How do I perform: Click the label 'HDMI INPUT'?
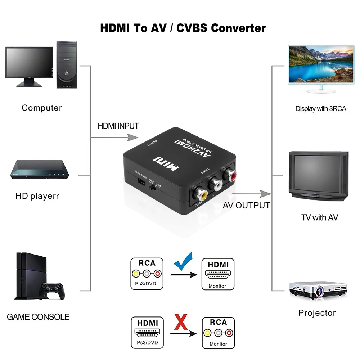coord(118,126)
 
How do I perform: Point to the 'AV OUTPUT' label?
coord(246,206)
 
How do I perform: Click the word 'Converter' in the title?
coord(238,28)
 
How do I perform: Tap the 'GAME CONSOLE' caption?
coord(38,317)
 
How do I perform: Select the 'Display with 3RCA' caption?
coord(321,108)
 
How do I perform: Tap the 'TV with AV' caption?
coord(319,217)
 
